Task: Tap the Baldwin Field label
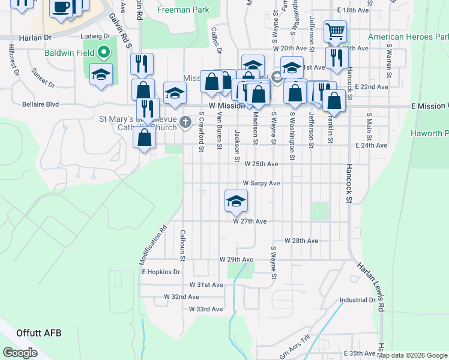pos(70,52)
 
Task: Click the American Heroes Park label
pos(408,37)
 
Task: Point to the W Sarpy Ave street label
pos(261,183)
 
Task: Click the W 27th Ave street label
pos(250,221)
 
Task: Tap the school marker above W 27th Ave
pos(236,200)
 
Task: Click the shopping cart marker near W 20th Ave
pos(334,31)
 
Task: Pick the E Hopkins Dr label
pos(160,272)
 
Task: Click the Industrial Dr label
pos(357,300)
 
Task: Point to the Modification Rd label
pos(152,245)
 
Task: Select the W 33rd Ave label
pos(205,310)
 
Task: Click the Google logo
pos(20,353)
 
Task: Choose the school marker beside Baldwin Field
pos(101,75)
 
